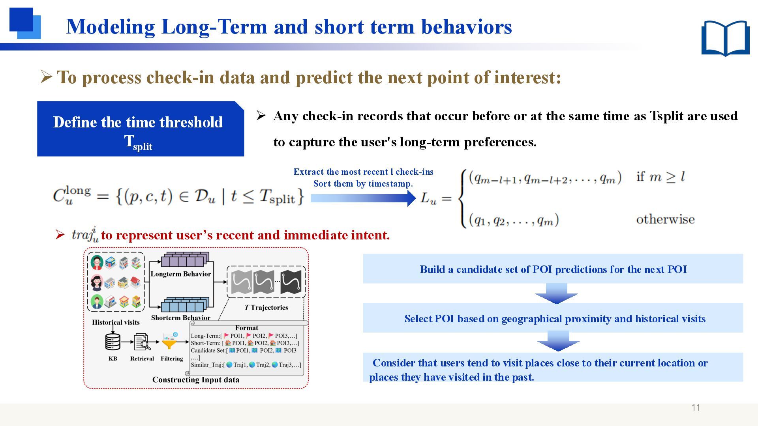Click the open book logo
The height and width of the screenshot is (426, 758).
[x=725, y=38]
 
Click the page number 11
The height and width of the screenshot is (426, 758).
[x=696, y=407]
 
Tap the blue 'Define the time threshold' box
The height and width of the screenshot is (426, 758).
[x=141, y=129]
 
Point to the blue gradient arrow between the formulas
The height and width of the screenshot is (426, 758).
[x=363, y=198]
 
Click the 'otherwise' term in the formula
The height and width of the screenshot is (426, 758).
[x=665, y=219]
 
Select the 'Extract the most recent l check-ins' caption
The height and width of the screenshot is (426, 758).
[x=363, y=172]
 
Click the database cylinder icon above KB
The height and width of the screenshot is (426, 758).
[x=113, y=342]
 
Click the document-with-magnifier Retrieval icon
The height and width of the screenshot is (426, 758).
[x=142, y=342]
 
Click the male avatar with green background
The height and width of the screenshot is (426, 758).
[x=96, y=302]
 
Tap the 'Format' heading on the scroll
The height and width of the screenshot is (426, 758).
[x=246, y=328]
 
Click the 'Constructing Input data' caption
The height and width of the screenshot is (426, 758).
[x=196, y=380]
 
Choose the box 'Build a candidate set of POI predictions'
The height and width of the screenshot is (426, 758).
[x=553, y=269]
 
